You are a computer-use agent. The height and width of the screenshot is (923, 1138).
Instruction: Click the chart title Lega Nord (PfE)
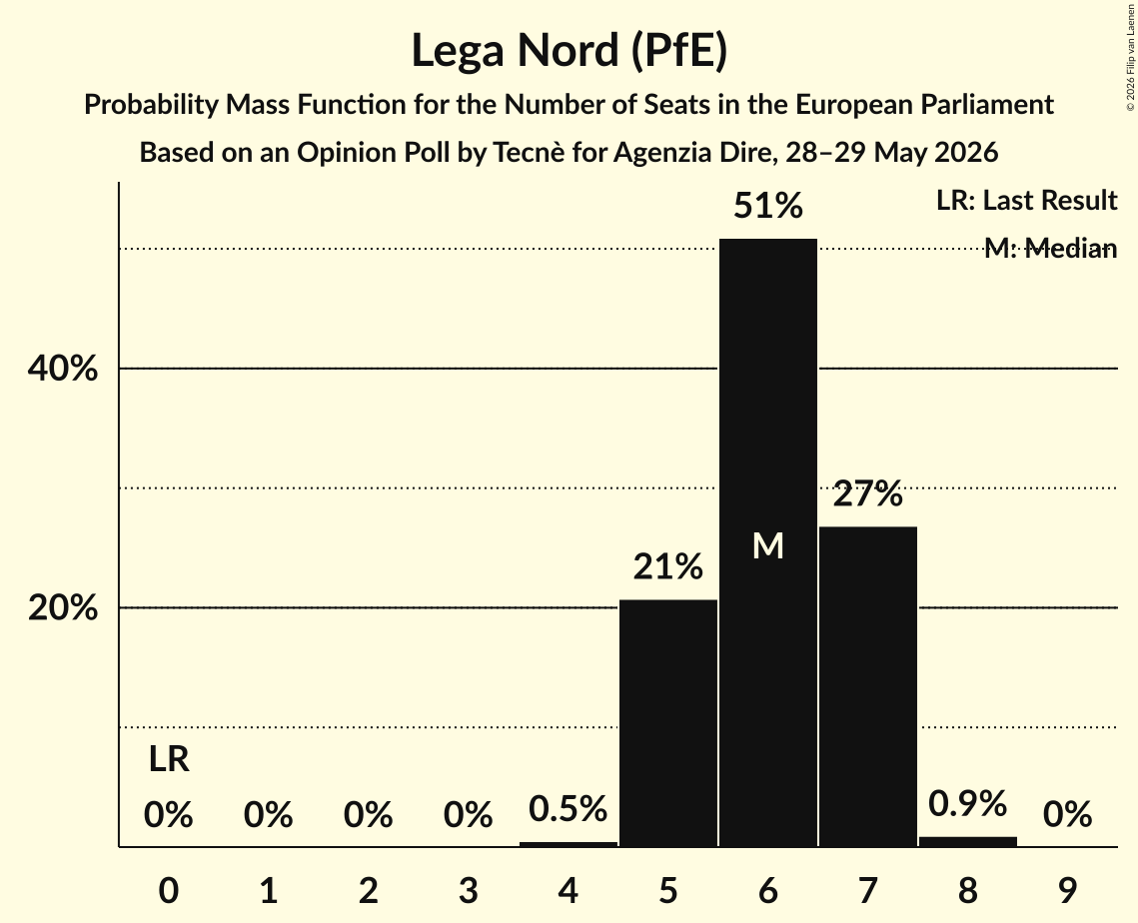569,52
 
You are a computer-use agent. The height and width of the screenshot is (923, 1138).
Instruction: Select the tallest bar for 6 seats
768,542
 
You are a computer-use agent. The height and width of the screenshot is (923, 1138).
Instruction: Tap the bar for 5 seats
667,723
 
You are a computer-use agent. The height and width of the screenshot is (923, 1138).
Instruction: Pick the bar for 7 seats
868,686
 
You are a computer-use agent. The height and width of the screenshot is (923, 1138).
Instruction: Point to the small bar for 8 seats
967,842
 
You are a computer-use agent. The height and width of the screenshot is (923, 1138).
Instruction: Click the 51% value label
768,206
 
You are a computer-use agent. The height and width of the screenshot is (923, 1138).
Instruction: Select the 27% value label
868,494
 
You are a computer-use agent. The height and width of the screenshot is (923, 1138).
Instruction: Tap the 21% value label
667,566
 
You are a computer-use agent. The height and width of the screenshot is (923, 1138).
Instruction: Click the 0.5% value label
568,808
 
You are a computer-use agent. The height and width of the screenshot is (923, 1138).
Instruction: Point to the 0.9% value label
967,803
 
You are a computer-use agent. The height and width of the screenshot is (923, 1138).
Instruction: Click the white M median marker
768,545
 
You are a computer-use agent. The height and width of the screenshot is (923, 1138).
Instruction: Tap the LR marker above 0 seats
169,759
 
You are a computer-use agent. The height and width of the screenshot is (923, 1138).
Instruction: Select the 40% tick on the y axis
62,368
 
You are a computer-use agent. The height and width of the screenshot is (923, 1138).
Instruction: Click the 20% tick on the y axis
62,607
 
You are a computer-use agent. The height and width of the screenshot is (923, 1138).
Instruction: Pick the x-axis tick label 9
1067,890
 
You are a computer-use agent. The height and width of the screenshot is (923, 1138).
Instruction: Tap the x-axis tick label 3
469,890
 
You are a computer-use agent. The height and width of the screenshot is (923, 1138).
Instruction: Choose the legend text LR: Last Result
1026,200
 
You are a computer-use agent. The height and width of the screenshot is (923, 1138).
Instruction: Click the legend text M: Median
1050,248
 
